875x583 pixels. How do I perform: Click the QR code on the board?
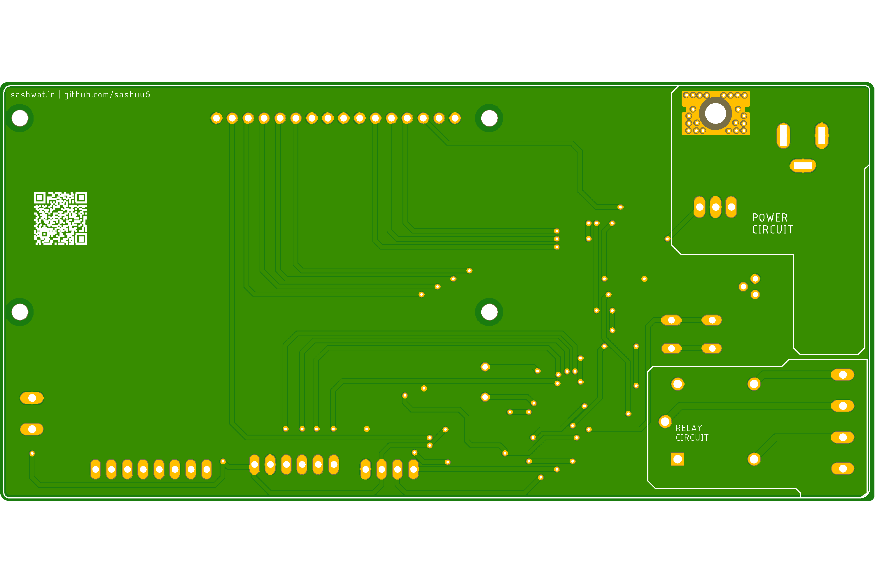pyautogui.click(x=60, y=218)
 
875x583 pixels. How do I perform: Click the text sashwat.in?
pyautogui.click(x=33, y=95)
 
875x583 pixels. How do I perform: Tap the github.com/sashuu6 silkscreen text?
pyautogui.click(x=107, y=95)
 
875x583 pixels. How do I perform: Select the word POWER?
pyautogui.click(x=770, y=217)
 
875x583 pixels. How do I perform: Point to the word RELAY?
pyautogui.click(x=689, y=428)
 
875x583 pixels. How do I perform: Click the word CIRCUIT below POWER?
pyautogui.click(x=772, y=230)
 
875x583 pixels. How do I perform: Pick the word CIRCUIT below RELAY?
pyautogui.click(x=692, y=438)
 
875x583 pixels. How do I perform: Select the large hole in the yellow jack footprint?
pyautogui.click(x=715, y=113)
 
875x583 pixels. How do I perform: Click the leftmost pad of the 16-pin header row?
pyautogui.click(x=216, y=118)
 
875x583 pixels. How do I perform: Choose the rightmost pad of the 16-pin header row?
pyautogui.click(x=455, y=118)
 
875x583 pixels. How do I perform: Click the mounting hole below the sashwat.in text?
pyautogui.click(x=20, y=118)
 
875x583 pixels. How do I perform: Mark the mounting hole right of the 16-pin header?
pyautogui.click(x=489, y=118)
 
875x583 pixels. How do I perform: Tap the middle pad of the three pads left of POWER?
pyautogui.click(x=715, y=207)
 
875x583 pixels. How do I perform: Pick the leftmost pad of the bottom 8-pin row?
pyautogui.click(x=96, y=469)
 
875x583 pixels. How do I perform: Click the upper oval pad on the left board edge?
pyautogui.click(x=32, y=398)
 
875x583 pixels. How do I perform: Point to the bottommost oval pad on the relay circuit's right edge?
pyautogui.click(x=843, y=468)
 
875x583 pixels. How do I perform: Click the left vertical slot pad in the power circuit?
pyautogui.click(x=783, y=136)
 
